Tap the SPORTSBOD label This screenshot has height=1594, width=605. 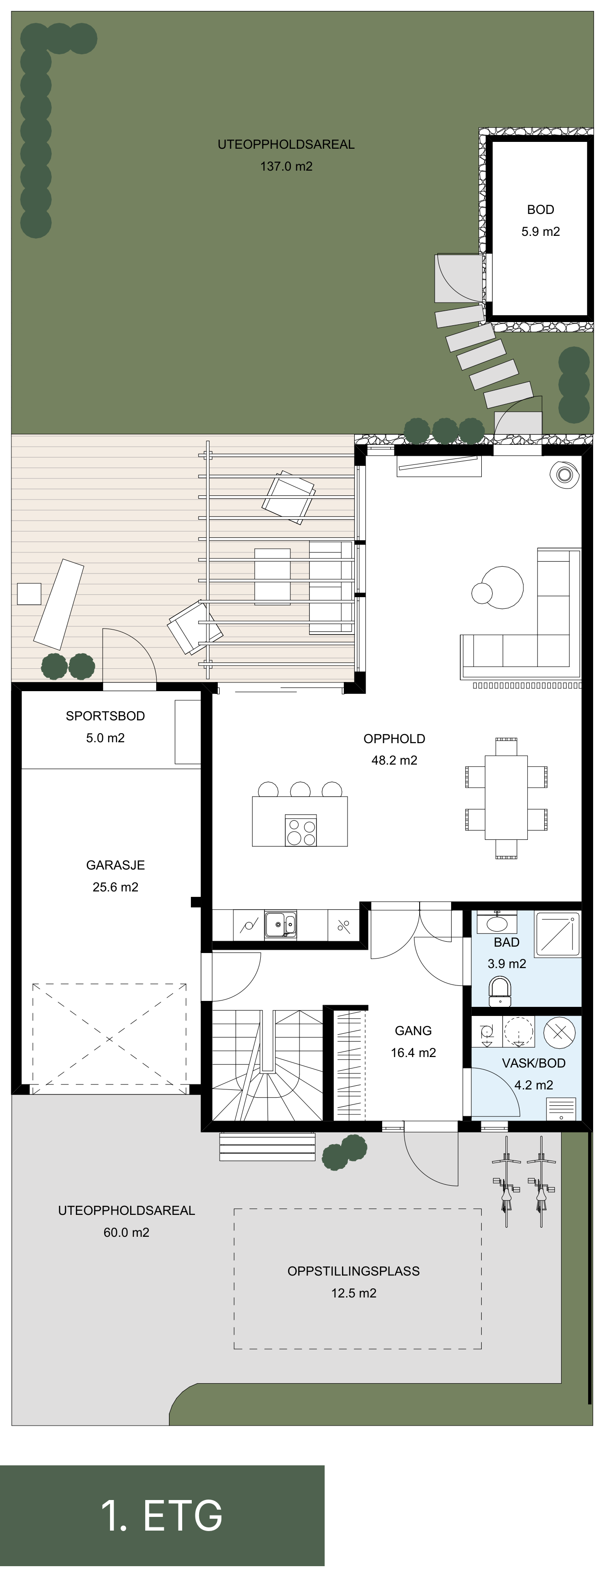pos(105,716)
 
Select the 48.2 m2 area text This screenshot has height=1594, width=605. pos(395,761)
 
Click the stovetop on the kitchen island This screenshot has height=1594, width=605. pos(301,830)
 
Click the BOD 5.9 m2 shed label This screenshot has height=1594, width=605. pos(541,220)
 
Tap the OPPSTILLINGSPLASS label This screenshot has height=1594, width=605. pos(353,1271)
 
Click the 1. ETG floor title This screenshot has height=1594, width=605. pos(162,1516)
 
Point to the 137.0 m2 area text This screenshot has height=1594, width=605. pos(286,167)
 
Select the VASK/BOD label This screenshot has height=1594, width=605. pos(534,1063)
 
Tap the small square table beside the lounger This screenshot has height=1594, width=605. pos(28,594)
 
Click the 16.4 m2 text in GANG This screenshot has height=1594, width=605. pos(413,1052)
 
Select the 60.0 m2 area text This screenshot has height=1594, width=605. pos(126,1233)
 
